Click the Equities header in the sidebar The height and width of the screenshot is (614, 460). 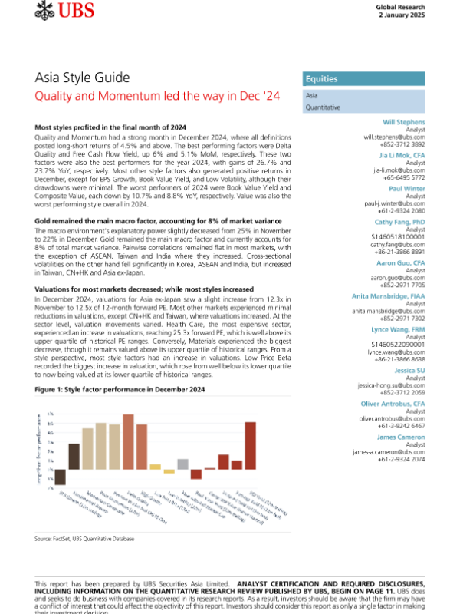click(x=322, y=79)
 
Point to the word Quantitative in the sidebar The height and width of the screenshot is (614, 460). click(x=323, y=108)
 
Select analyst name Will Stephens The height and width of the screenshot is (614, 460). click(x=404, y=124)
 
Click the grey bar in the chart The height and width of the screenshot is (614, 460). click(x=182, y=464)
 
